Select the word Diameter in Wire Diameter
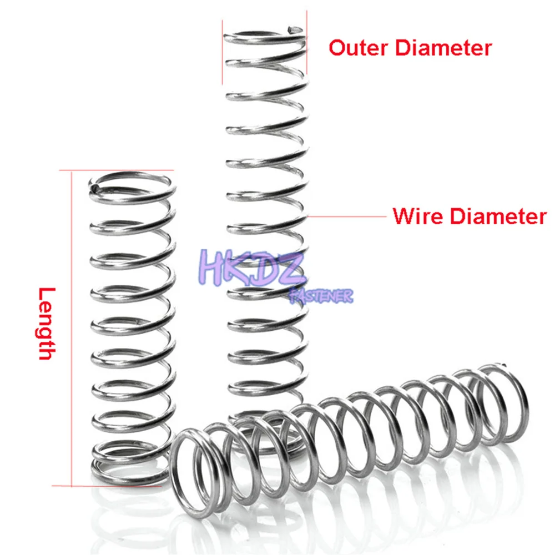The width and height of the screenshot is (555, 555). pyautogui.click(x=498, y=216)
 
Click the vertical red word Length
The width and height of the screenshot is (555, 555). pyautogui.click(x=48, y=324)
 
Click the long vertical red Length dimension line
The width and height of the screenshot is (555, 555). pyautogui.click(x=72, y=327)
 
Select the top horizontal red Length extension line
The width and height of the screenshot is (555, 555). pyautogui.click(x=119, y=170)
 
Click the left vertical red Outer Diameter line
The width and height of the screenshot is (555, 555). pyautogui.click(x=223, y=53)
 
